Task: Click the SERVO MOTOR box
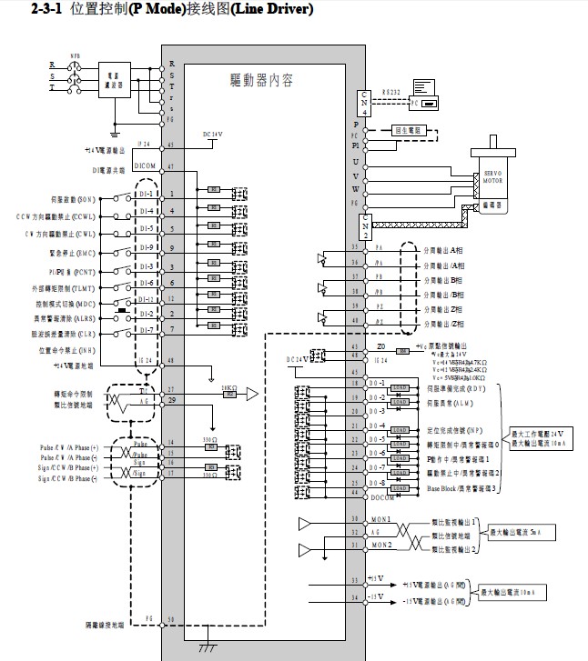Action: [492, 172]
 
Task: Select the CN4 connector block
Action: [366, 103]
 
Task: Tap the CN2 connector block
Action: [366, 225]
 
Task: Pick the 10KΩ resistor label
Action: [229, 388]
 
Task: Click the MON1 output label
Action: [380, 518]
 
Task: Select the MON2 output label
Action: [380, 544]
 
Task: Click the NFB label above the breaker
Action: [76, 55]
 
